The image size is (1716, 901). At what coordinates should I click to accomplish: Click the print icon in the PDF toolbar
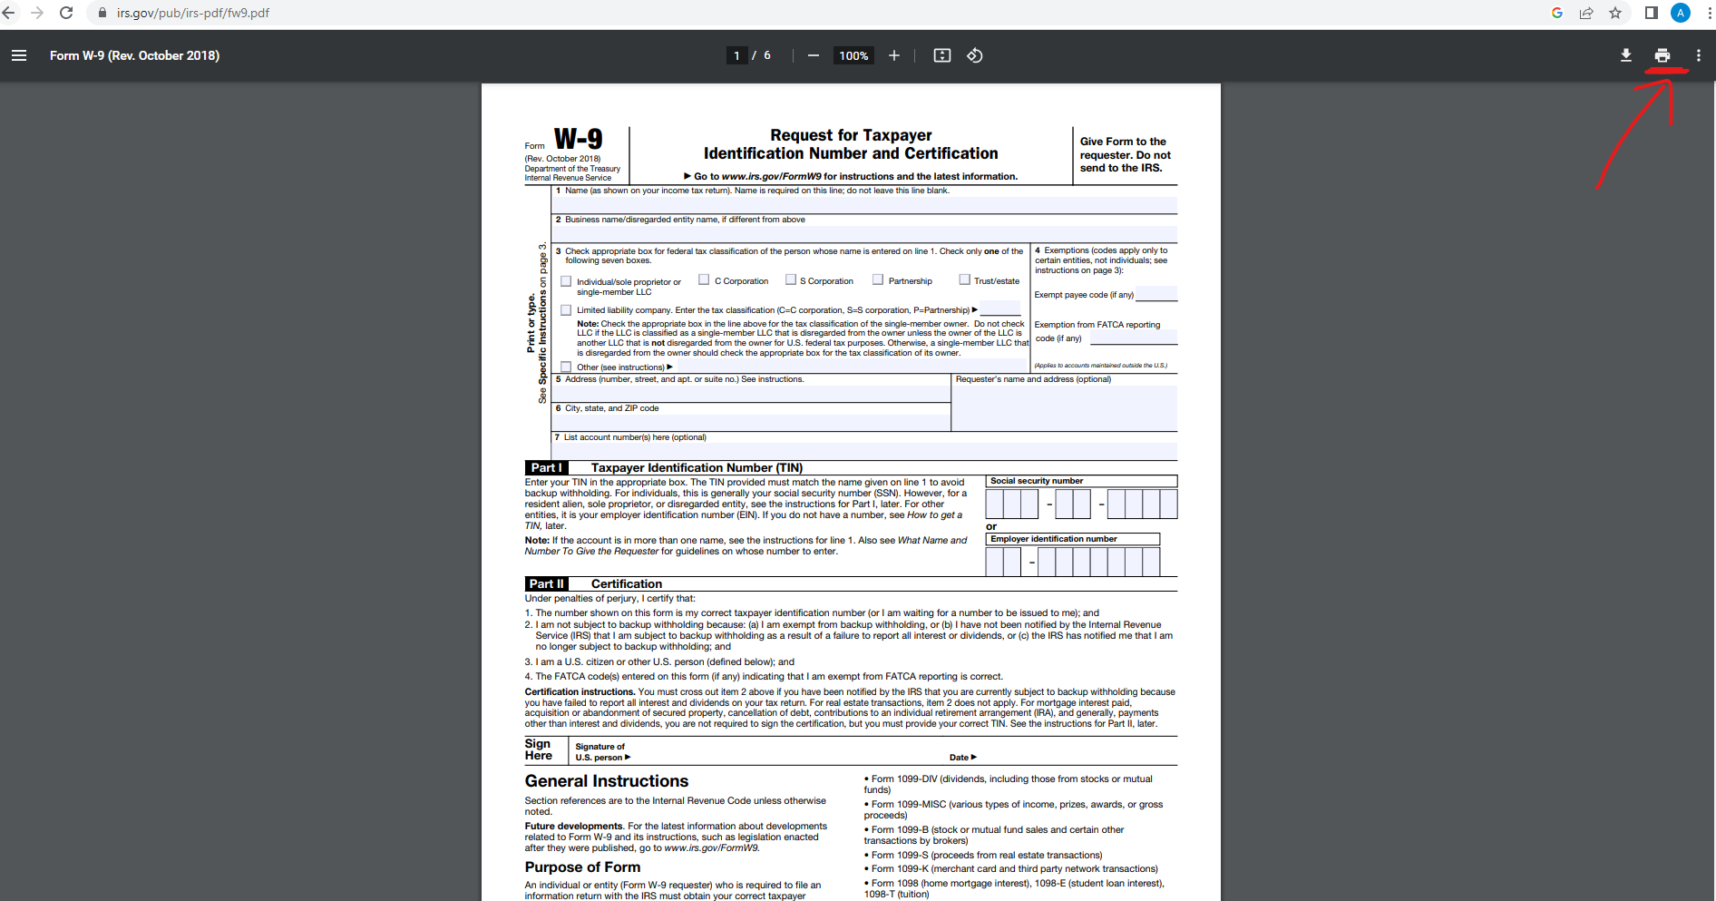coord(1662,55)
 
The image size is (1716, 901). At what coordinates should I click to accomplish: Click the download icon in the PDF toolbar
coord(1625,55)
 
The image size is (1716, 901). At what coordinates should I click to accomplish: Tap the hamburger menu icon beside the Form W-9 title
coord(19,55)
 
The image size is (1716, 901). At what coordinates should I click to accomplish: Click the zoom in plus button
coord(893,55)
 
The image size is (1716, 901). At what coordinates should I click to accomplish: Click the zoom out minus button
coord(813,55)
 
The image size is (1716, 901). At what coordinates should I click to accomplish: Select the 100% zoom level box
coord(853,55)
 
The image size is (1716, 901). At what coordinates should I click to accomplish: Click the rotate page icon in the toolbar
coord(974,55)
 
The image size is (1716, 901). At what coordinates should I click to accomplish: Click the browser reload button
coord(66,13)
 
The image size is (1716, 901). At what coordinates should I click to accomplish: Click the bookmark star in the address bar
coord(1615,13)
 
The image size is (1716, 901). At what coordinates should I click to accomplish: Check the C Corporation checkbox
coord(704,279)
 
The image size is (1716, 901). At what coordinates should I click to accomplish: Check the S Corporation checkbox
coord(790,279)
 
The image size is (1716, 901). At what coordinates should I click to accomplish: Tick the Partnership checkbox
coord(877,279)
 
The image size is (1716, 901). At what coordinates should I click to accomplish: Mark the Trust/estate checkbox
coord(964,279)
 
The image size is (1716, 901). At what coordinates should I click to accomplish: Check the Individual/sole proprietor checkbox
coord(566,281)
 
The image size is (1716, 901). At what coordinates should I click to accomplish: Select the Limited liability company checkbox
coord(566,310)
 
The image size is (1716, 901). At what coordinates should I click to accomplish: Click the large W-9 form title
coord(578,139)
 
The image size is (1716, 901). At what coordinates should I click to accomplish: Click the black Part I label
coord(545,467)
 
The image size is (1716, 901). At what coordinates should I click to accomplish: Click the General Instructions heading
coord(606,781)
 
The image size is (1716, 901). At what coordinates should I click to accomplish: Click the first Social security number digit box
coord(995,504)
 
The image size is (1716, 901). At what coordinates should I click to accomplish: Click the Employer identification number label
coord(1053,539)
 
